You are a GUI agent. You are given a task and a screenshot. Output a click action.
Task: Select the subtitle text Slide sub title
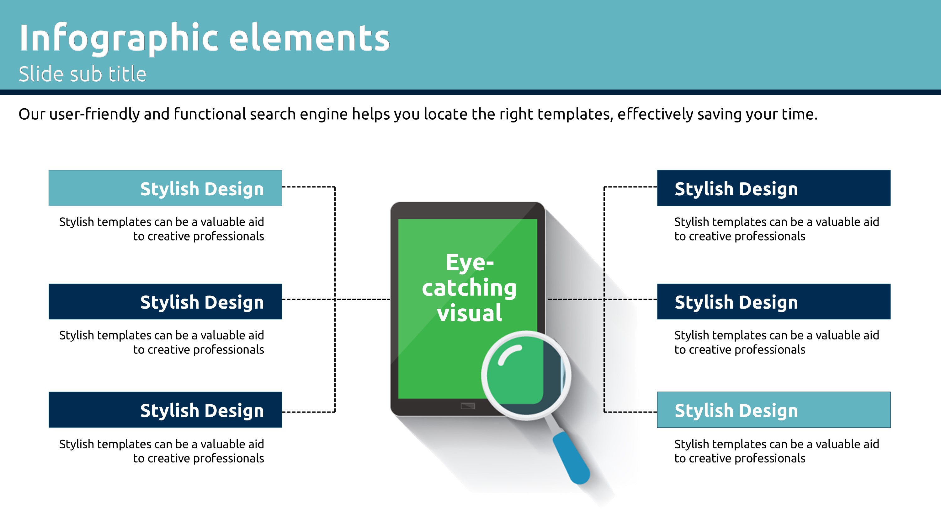pos(82,74)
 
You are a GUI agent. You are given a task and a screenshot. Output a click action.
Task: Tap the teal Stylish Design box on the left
pos(165,188)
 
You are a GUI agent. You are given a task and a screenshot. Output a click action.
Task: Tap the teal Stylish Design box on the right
pos(774,410)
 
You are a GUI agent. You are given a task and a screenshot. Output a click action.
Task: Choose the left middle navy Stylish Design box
pos(165,301)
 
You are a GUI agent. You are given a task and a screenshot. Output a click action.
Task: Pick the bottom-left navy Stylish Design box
pos(165,410)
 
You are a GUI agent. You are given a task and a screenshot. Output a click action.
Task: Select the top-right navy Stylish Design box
pos(774,188)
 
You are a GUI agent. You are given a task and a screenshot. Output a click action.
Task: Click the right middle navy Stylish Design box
pos(774,301)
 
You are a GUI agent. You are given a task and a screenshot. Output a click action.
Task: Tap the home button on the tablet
pos(468,406)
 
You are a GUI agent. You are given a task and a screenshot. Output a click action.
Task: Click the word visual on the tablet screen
pos(470,313)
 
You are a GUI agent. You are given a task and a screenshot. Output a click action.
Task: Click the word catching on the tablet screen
pos(470,288)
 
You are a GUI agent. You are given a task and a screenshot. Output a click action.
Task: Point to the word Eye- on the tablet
pos(470,262)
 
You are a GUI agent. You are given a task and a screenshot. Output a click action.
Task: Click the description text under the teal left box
pos(162,229)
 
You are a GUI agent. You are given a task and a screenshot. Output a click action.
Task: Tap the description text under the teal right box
pos(777,451)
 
